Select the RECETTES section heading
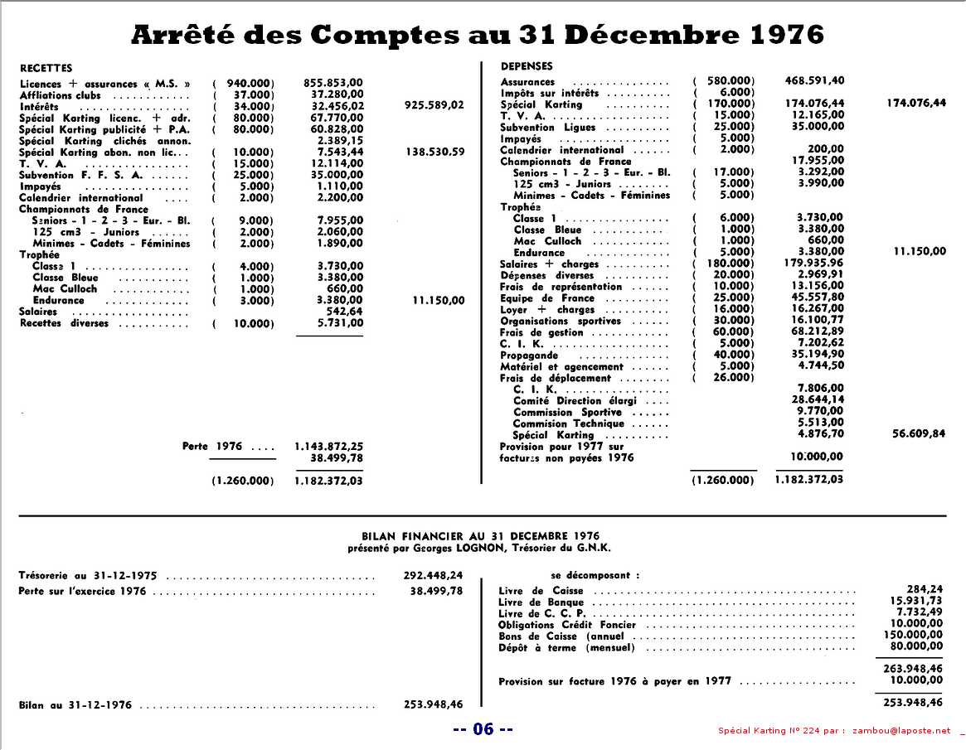point(46,68)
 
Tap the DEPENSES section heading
point(527,65)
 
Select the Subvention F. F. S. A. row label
point(80,175)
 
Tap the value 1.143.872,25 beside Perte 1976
point(328,446)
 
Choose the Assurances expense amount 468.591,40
point(814,80)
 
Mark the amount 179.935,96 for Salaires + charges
point(814,264)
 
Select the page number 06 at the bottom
point(483,729)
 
